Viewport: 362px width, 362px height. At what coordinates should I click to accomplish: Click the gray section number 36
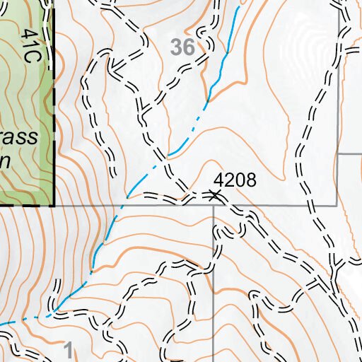[182, 48]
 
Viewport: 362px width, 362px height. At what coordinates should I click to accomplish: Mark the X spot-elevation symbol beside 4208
[216, 194]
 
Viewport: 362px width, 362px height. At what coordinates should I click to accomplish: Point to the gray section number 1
[68, 348]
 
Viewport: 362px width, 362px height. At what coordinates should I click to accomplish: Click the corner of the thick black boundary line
[54, 205]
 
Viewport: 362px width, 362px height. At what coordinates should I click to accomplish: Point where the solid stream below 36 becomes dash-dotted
[206, 101]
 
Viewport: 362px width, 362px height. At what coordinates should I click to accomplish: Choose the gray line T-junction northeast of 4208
[338, 154]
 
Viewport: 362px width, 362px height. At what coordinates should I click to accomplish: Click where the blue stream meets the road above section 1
[53, 312]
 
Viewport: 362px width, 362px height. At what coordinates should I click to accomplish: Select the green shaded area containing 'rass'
[25, 106]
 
